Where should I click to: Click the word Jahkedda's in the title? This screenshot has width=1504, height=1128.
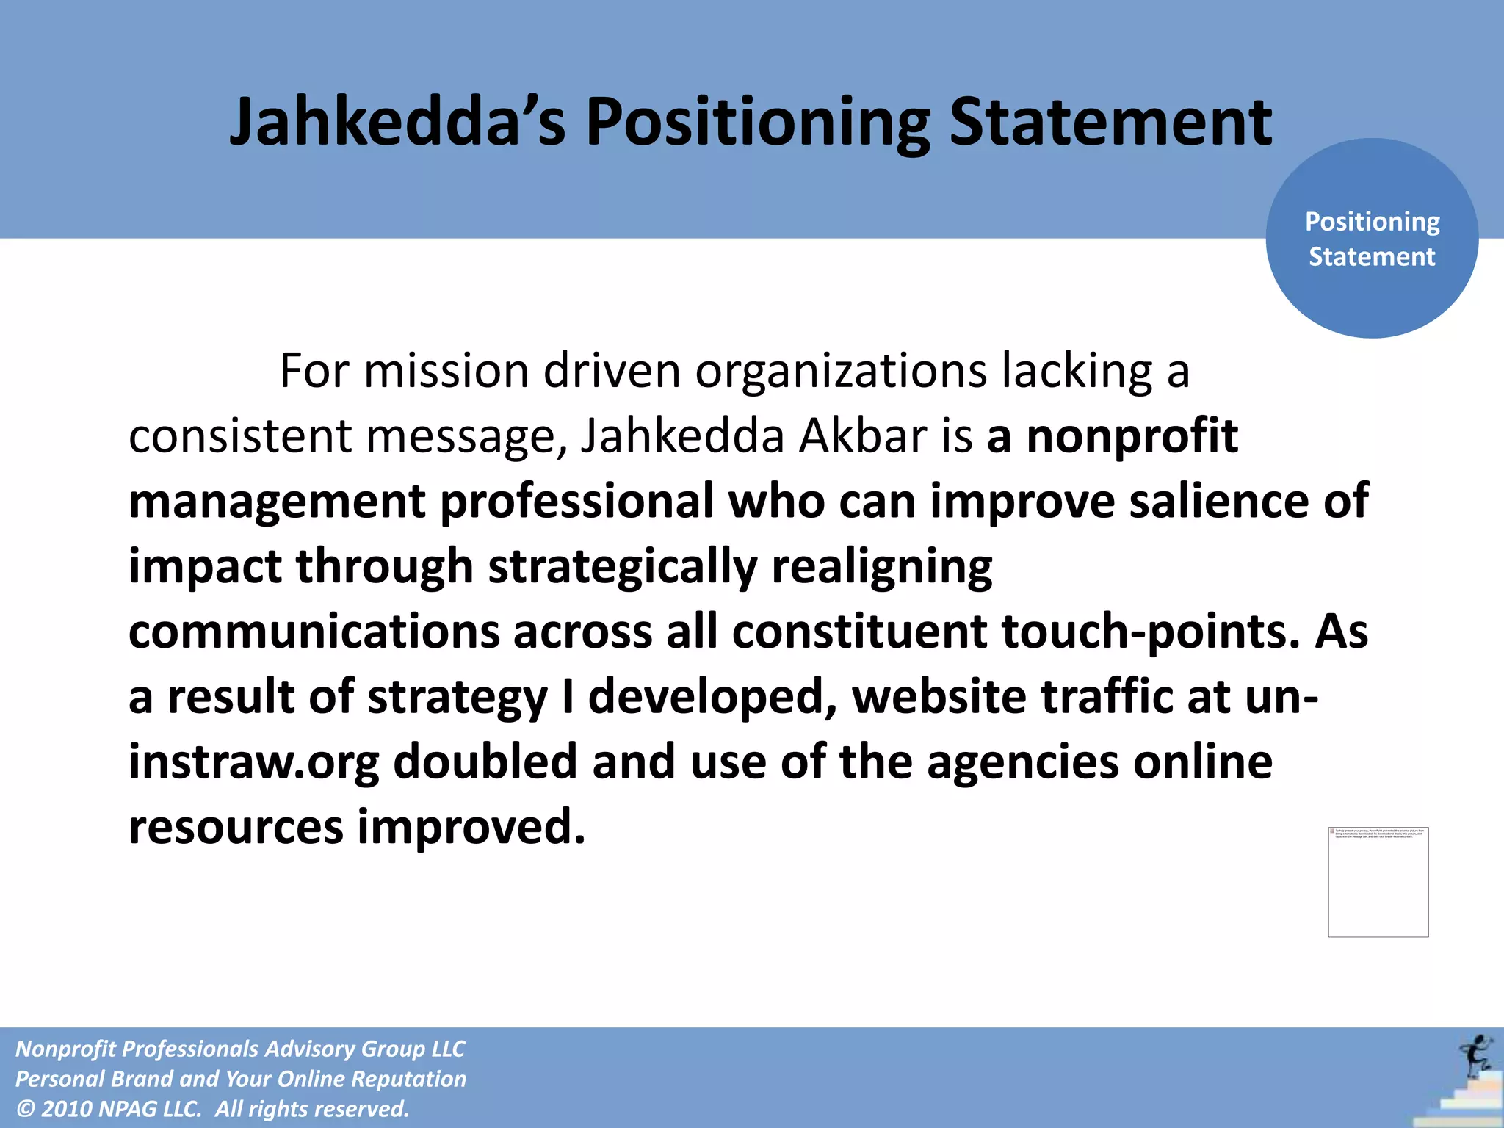pos(397,122)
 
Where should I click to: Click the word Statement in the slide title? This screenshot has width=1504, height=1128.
pos(1110,122)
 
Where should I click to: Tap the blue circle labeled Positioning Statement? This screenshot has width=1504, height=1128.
pos(1371,239)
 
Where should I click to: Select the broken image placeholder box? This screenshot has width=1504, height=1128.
pos(1378,882)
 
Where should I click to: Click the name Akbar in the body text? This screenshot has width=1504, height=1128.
pos(863,436)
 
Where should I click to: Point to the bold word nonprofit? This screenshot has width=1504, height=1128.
pos(1132,436)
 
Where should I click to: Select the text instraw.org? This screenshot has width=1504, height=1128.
pos(254,762)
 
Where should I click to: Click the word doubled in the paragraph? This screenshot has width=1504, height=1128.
pos(485,762)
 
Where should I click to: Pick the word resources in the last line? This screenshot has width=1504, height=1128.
pos(236,827)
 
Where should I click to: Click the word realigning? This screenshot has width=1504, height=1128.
pos(882,566)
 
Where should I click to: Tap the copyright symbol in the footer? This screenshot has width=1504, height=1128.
pos(25,1109)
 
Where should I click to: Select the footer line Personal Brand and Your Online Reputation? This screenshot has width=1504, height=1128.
pos(241,1079)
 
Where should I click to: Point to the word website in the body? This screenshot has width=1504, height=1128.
pos(939,697)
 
